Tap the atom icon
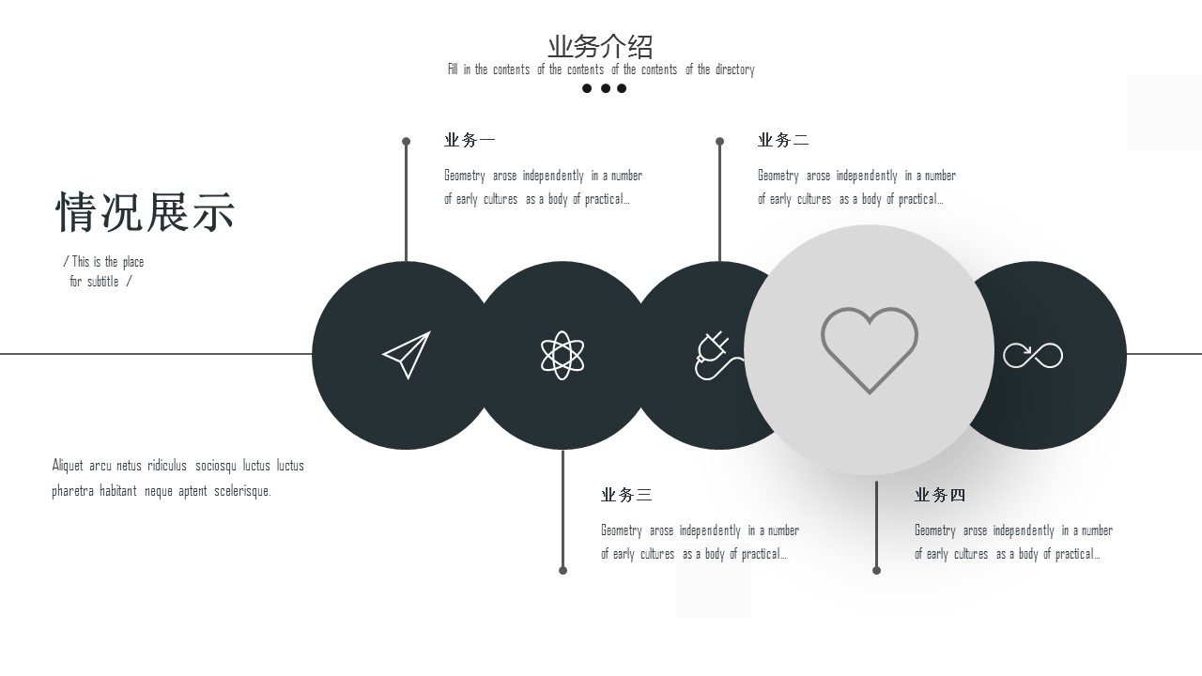coord(562,355)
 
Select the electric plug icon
coord(717,355)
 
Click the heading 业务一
coord(470,140)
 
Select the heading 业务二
coord(783,140)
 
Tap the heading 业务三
coord(626,495)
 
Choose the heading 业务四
coord(940,495)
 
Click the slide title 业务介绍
coord(600,47)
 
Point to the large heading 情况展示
coord(146,212)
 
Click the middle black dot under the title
coord(606,88)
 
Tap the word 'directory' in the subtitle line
coord(734,69)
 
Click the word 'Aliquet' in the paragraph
coord(68,466)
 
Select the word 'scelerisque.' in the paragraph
coord(242,491)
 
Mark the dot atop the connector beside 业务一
coord(407,142)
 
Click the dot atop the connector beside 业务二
coord(719,142)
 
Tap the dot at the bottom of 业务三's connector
coord(562,570)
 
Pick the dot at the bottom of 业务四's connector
coord(876,570)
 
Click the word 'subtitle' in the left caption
coord(103,282)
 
